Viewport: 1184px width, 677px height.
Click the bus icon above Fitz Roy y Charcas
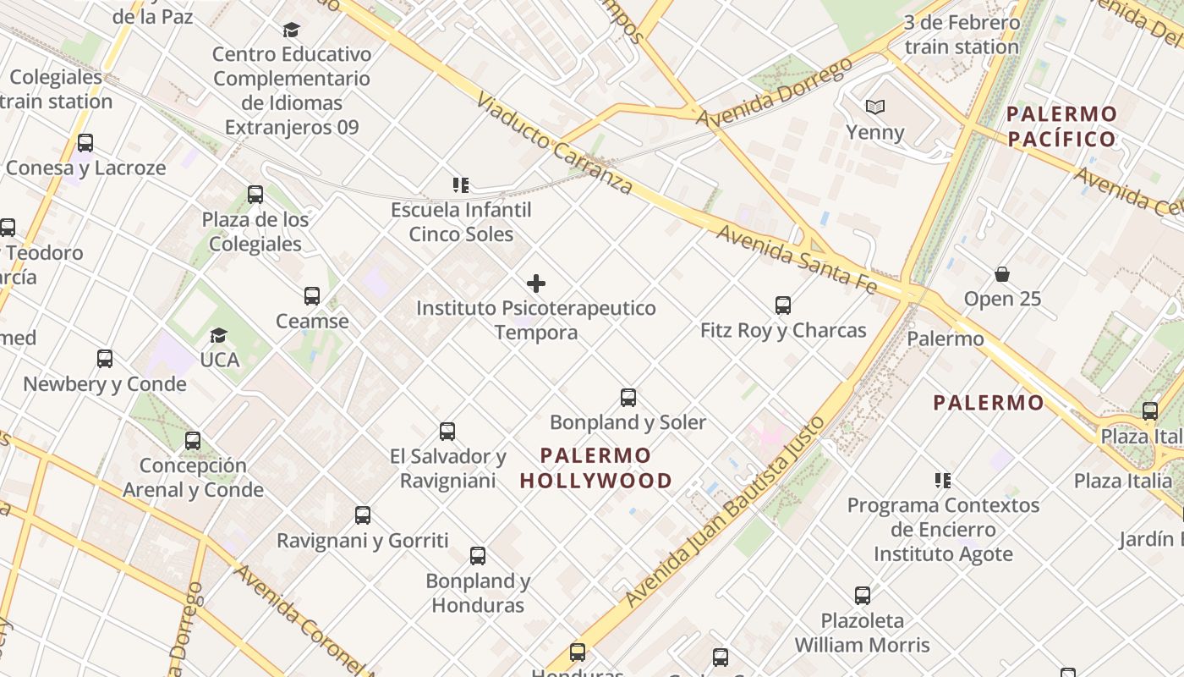[783, 305]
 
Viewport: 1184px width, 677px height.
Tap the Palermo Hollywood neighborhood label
[596, 468]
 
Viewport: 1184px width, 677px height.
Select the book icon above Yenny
[875, 107]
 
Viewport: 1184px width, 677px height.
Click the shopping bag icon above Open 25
[1002, 274]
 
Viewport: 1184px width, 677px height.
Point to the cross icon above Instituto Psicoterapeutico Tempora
[536, 283]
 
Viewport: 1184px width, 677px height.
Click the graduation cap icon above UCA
[219, 336]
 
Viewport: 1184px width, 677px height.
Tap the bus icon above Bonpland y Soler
[628, 397]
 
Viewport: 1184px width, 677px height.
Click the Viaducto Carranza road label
[554, 143]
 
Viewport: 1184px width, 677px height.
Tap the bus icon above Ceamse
[312, 296]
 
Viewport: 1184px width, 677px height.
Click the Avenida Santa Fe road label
[796, 258]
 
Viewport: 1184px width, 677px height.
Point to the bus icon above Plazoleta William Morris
[863, 595]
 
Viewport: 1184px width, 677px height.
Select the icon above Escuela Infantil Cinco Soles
[461, 184]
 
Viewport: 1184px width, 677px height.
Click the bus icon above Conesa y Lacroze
[85, 143]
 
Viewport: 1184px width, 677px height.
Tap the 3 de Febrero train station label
[962, 35]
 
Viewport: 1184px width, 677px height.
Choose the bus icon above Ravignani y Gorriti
[363, 515]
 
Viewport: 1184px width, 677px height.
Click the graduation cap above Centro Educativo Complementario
[292, 30]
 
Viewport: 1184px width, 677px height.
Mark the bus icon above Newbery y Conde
[105, 359]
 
